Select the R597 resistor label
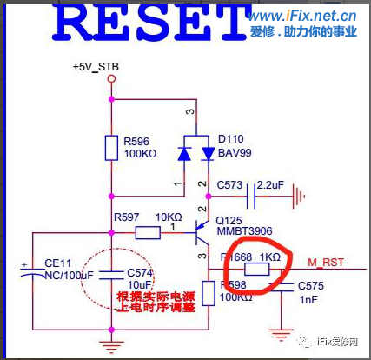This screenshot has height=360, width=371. [x=128, y=217]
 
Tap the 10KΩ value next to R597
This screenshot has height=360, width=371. [x=169, y=217]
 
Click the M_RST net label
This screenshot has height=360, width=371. [x=327, y=261]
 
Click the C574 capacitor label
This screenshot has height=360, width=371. [x=141, y=271]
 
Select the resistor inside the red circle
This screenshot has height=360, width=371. [x=256, y=270]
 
